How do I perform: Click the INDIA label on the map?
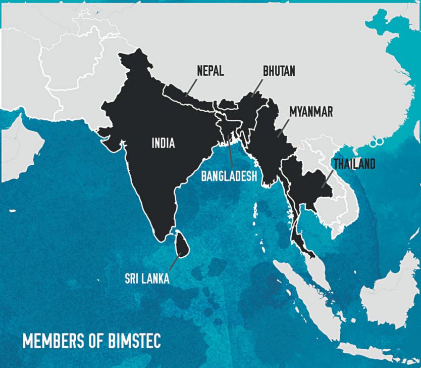click(x=163, y=144)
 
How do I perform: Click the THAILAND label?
click(x=354, y=164)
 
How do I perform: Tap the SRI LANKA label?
click(x=147, y=279)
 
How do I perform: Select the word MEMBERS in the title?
click(x=53, y=341)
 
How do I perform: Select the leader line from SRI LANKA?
click(x=175, y=262)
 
